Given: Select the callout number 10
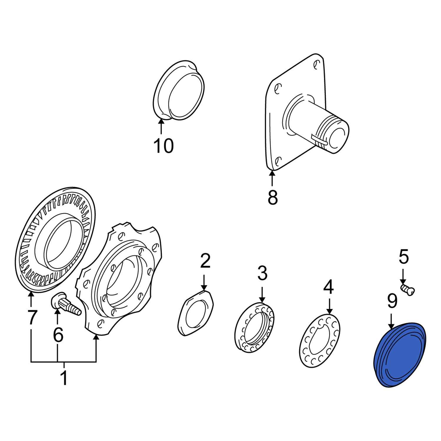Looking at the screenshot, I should click(x=163, y=146).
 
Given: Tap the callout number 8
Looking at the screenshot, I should click(x=273, y=197).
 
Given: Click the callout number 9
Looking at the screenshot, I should click(x=392, y=301).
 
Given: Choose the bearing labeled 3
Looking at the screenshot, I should click(x=255, y=327).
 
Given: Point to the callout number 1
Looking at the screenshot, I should click(x=64, y=377).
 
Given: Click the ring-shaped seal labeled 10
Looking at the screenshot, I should click(x=179, y=91).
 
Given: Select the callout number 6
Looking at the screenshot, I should click(x=58, y=334).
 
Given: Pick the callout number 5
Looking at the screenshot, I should click(x=404, y=257).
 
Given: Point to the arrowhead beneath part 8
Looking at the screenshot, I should click(x=272, y=173).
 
